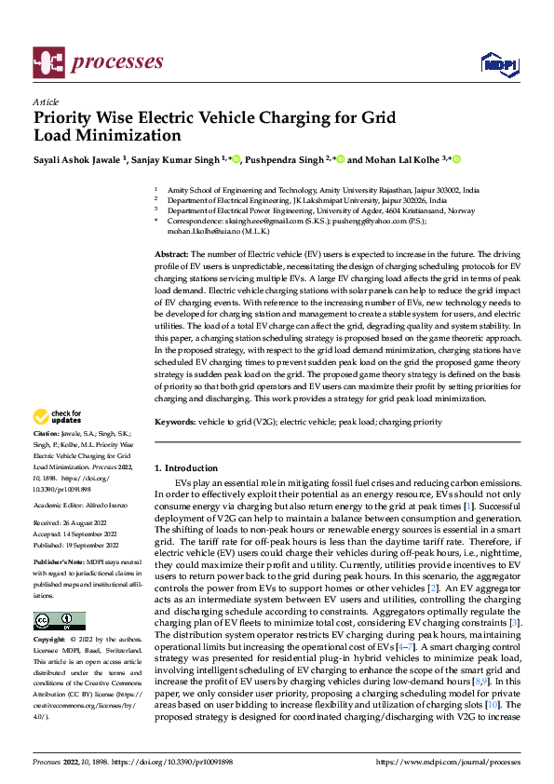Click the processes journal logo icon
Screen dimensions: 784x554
click(47, 61)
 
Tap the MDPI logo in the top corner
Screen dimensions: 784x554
click(498, 62)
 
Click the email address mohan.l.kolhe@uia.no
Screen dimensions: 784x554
click(206, 232)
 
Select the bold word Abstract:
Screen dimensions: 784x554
click(172, 254)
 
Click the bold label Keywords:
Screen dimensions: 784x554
click(175, 423)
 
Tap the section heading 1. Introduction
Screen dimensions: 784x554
click(186, 468)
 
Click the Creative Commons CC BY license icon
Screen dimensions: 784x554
click(60, 621)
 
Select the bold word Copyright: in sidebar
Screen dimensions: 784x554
click(50, 641)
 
